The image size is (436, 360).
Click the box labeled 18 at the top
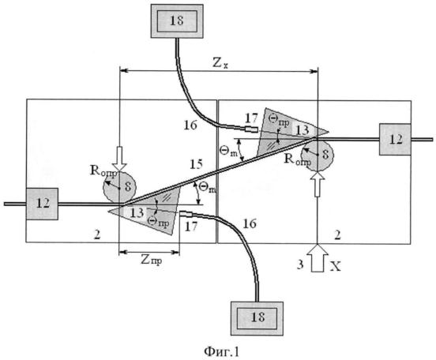click(x=177, y=21)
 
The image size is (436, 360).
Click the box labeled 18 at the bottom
click(x=257, y=318)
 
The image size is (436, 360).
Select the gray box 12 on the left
click(x=43, y=204)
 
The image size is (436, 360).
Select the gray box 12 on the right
click(x=395, y=139)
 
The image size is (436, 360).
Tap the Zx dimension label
click(x=220, y=63)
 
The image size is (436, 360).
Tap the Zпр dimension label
click(x=151, y=261)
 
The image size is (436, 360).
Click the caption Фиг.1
click(x=222, y=352)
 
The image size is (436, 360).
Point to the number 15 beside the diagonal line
click(x=197, y=164)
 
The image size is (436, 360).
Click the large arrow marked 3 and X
click(x=318, y=257)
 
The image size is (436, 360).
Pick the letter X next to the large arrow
click(x=335, y=267)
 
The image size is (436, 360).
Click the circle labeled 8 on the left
click(x=119, y=187)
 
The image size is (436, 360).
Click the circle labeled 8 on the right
click(x=318, y=154)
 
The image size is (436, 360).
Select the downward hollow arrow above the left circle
click(x=119, y=159)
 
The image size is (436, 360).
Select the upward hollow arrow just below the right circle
click(x=318, y=184)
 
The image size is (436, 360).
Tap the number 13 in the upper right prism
click(x=303, y=129)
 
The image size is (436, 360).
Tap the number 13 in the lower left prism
click(x=137, y=212)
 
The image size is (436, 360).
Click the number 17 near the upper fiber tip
click(x=251, y=118)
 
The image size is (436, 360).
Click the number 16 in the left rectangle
click(x=190, y=126)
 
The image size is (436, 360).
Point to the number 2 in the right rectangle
click(x=337, y=235)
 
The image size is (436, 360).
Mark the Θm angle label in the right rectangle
click(x=227, y=152)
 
